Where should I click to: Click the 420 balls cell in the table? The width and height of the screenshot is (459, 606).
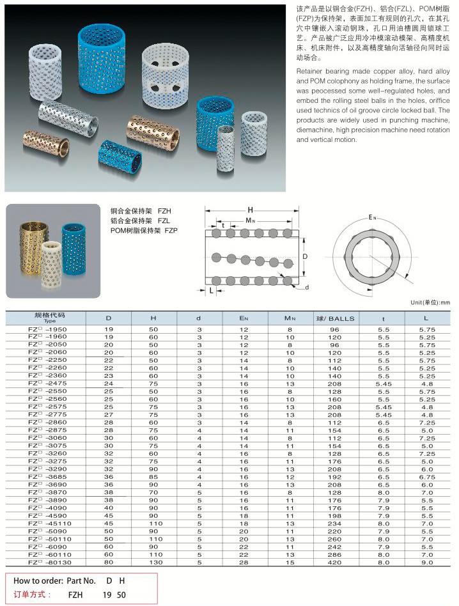coord(335,563)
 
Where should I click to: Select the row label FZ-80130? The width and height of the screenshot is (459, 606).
coord(49,563)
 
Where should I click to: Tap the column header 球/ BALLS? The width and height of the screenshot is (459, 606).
coord(335,318)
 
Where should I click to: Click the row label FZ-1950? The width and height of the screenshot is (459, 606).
coord(48,329)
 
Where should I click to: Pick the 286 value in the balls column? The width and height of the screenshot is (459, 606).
coord(335,555)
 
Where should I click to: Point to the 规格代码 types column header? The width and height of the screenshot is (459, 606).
coord(50,317)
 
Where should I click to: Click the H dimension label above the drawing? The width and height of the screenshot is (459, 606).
coord(251,210)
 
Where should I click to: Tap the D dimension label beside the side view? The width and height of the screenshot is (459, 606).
coord(305,256)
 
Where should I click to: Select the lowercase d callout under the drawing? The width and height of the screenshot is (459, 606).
coord(307,288)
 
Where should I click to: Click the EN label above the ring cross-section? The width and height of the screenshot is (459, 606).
coord(373,218)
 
